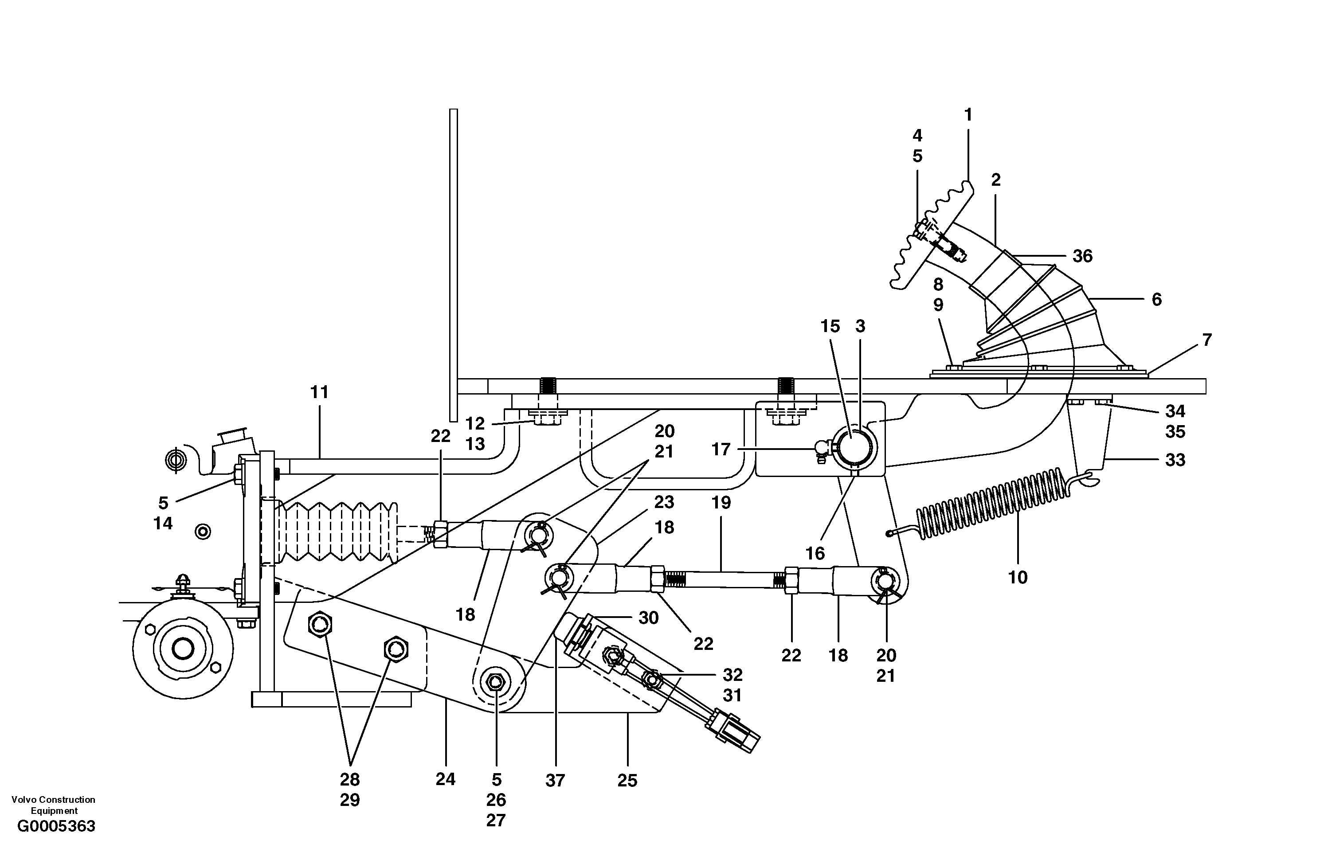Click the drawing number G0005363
pos(56,842)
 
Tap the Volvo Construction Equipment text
pos(53,805)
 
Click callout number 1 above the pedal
pos(968,115)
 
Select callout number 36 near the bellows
pos(1082,256)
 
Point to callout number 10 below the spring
pos(1018,577)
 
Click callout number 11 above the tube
pos(319,393)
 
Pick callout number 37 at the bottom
pos(555,780)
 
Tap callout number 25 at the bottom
pos(627,780)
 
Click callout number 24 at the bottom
pos(445,779)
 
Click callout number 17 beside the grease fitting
pos(721,449)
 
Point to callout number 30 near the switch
pos(648,617)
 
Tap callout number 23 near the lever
pos(664,502)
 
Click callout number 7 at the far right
pos(1207,340)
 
